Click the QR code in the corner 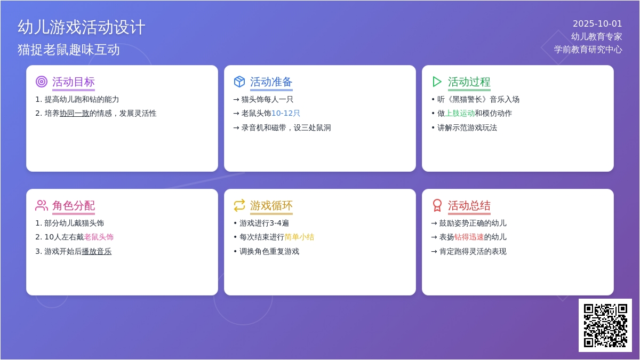pyautogui.click(x=605, y=325)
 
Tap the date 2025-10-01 pyautogui.click(x=597, y=23)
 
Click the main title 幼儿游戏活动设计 pyautogui.click(x=82, y=27)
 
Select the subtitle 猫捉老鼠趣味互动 pyautogui.click(x=69, y=50)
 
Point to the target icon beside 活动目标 pyautogui.click(x=42, y=82)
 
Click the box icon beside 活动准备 pyautogui.click(x=239, y=82)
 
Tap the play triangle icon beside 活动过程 pyautogui.click(x=437, y=82)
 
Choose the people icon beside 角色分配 pyautogui.click(x=42, y=205)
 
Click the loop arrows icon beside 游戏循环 pyautogui.click(x=239, y=205)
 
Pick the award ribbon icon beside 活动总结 pyautogui.click(x=437, y=205)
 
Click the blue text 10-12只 pyautogui.click(x=285, y=114)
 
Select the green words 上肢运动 pyautogui.click(x=460, y=114)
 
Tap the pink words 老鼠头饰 pyautogui.click(x=99, y=237)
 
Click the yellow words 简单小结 pyautogui.click(x=299, y=237)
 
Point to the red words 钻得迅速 pyautogui.click(x=469, y=237)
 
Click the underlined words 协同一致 pyautogui.click(x=75, y=114)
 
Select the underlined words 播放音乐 pyautogui.click(x=97, y=251)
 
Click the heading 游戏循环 pyautogui.click(x=271, y=205)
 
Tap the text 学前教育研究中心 pyautogui.click(x=588, y=50)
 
